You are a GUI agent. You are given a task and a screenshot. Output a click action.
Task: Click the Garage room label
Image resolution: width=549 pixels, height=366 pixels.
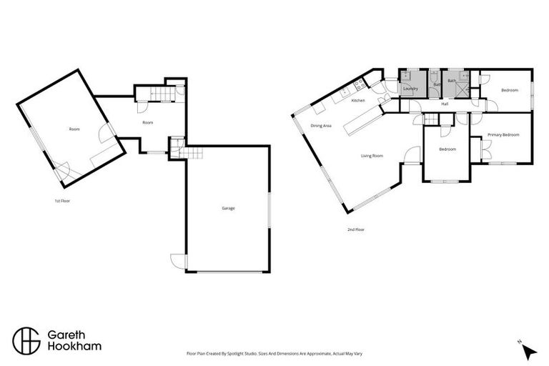point(228,208)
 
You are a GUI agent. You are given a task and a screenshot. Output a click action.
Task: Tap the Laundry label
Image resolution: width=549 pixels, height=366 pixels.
point(410,89)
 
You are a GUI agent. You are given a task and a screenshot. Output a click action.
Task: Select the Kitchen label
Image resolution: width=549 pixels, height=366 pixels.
point(358,101)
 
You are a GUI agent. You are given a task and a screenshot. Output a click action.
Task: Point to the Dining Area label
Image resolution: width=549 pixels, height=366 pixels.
point(320,126)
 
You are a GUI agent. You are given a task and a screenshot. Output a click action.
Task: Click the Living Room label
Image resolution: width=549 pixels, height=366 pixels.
point(372,156)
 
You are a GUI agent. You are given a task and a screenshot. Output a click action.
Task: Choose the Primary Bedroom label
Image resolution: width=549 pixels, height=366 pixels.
point(503,134)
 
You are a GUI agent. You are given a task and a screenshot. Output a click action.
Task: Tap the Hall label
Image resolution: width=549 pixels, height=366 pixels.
point(445,104)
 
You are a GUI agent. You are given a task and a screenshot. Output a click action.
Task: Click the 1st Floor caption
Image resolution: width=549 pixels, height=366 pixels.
point(62,201)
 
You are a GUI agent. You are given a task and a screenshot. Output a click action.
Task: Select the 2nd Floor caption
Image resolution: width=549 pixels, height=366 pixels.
point(355,229)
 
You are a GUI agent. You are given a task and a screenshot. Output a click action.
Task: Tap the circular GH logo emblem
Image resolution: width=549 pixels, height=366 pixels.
point(26,340)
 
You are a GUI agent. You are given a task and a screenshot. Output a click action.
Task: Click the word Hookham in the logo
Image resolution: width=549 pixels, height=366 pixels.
point(74,347)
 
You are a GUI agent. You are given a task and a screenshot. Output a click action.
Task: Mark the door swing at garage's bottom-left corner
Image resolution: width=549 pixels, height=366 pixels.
point(177,262)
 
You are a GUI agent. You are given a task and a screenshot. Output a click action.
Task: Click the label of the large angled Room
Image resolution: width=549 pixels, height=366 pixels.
point(74,129)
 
